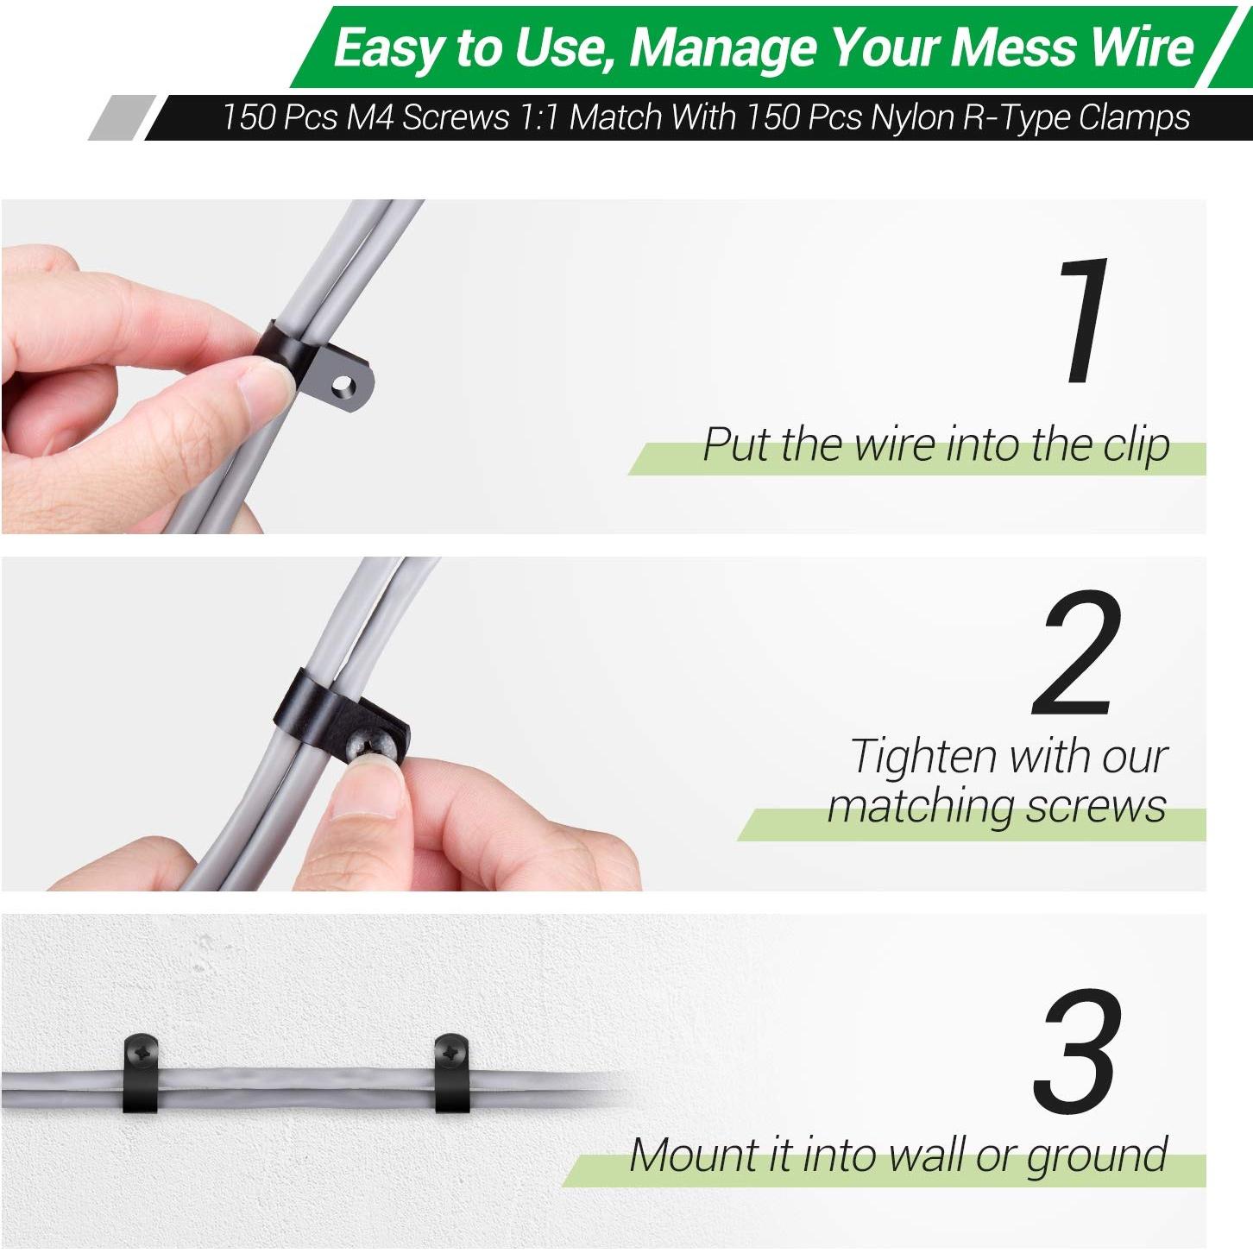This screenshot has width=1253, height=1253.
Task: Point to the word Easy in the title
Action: (387, 47)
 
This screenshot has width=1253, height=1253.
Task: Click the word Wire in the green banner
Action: (1141, 47)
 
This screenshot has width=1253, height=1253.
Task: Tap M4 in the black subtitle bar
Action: (371, 117)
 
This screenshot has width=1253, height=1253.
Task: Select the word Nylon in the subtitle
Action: (911, 117)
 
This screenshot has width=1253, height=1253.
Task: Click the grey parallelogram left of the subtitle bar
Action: (122, 117)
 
